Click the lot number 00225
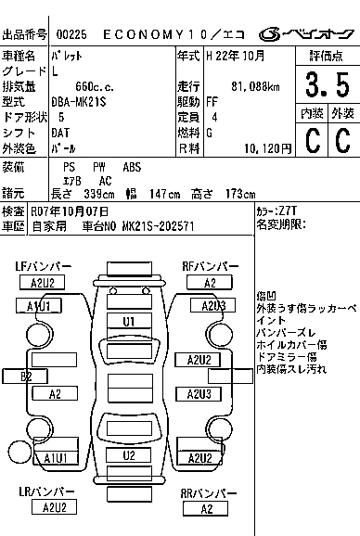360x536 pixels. (x=71, y=32)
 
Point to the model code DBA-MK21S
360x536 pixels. (x=79, y=101)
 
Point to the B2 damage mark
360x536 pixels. (x=27, y=375)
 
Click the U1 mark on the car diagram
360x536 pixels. (x=129, y=321)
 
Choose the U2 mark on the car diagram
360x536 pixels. (x=129, y=455)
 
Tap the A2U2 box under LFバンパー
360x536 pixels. (x=42, y=283)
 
